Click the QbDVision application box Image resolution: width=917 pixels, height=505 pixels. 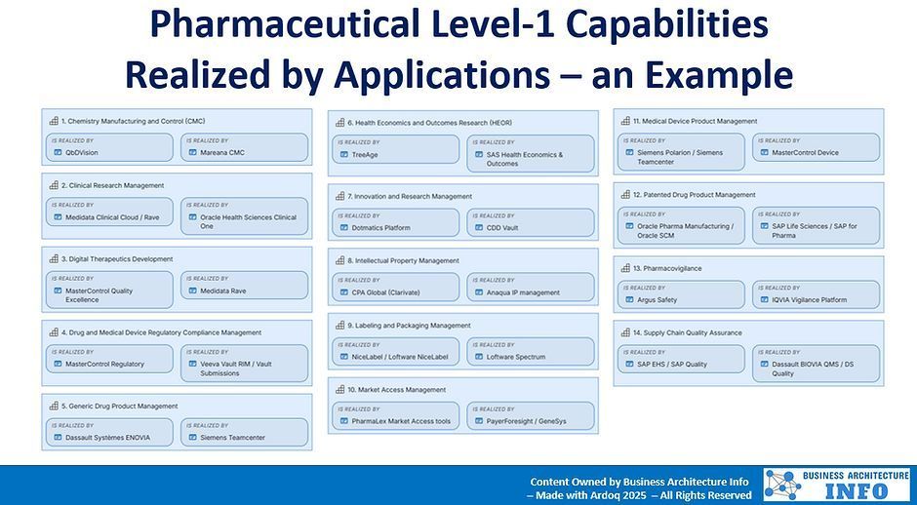109,148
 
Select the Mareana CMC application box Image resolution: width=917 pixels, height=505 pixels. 244,148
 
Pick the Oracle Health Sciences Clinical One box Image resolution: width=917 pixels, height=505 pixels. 244,217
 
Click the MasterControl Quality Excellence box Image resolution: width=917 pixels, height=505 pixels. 109,291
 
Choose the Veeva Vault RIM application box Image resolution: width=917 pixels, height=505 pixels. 244,364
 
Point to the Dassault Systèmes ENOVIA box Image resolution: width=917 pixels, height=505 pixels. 109,433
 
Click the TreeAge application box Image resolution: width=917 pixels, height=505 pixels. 396,150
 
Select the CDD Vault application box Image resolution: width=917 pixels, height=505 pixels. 531,223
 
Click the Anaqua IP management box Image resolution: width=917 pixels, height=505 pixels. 531,288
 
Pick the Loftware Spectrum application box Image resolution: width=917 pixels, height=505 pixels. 531,352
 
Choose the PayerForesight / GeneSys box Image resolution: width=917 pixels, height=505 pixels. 531,416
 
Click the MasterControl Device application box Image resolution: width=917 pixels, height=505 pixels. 816,148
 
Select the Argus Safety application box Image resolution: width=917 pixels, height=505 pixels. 681,295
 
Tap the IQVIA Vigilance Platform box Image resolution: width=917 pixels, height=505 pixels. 816,295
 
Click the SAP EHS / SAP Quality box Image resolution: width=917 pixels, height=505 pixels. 681,360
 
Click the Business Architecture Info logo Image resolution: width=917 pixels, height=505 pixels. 836,485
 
